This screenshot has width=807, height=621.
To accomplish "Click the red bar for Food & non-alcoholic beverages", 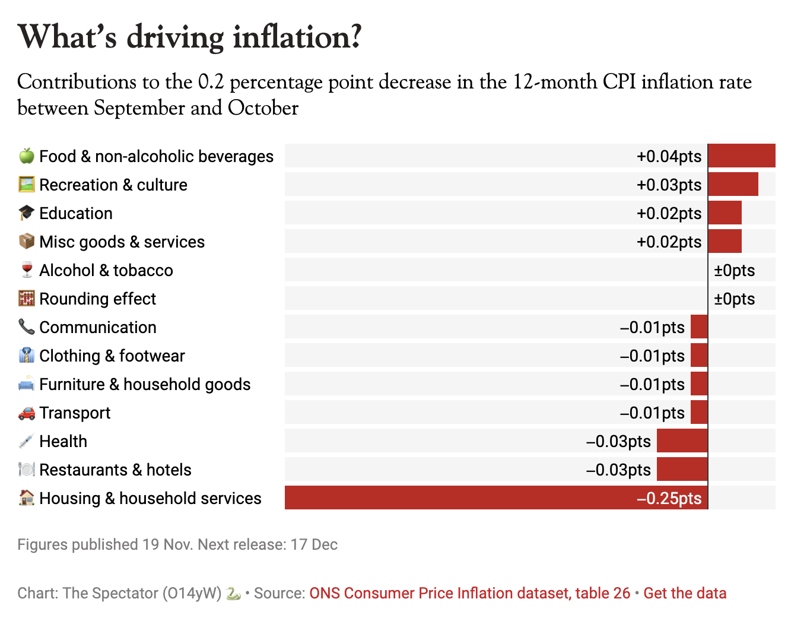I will tap(741, 156).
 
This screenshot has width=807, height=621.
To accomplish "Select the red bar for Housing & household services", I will tap(496, 498).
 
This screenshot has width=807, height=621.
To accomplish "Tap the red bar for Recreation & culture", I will tap(733, 184).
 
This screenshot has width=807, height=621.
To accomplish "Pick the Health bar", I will tap(682, 441).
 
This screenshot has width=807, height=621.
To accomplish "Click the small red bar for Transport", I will tap(699, 412).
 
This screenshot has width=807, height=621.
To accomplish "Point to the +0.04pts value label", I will tap(669, 156).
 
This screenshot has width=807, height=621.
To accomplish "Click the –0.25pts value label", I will tap(669, 498).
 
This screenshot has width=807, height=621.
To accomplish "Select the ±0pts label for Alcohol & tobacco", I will tap(734, 270).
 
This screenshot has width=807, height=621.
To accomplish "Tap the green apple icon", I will tap(27, 156).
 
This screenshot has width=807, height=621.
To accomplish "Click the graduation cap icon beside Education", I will tap(27, 213).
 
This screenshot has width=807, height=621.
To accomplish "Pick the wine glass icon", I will tap(27, 270).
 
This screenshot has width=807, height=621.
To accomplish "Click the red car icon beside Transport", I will tap(27, 413).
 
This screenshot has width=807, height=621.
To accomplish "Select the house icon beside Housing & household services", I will tap(27, 498).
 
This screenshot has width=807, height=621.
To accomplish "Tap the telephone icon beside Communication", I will tap(27, 327).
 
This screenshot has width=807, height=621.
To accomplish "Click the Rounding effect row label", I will tap(97, 299).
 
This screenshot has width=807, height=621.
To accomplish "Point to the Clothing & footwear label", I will tap(112, 356).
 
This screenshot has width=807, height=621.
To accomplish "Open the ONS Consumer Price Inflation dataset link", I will tap(469, 593).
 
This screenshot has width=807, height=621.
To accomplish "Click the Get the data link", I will tap(685, 593).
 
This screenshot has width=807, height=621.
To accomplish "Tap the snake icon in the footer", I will tap(233, 593).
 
